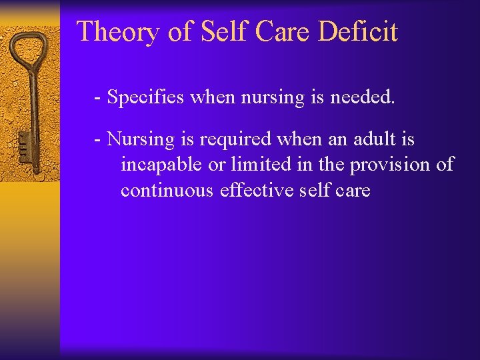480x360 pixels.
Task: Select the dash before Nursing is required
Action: pyautogui.click(x=98, y=141)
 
